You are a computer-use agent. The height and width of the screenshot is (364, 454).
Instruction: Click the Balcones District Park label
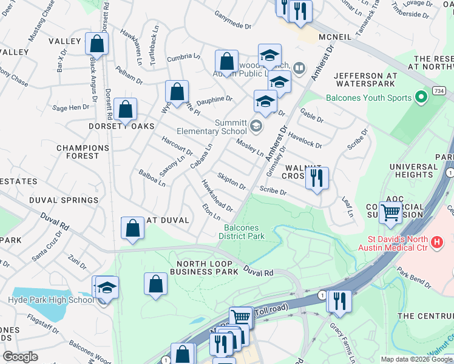click(x=242, y=232)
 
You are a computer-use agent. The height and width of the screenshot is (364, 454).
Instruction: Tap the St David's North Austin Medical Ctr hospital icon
click(x=436, y=242)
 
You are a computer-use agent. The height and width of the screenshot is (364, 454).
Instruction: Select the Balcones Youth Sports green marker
click(x=419, y=97)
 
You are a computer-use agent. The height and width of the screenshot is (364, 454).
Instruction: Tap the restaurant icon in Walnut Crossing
click(x=316, y=178)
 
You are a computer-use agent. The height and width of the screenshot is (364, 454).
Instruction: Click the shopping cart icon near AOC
click(x=391, y=212)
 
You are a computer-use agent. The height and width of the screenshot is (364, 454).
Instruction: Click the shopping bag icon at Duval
click(x=133, y=228)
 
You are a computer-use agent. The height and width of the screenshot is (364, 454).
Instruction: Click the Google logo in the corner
click(x=20, y=357)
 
